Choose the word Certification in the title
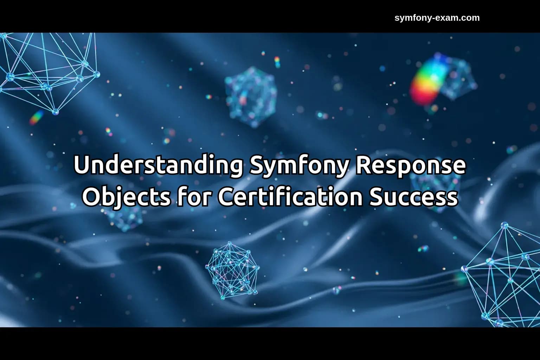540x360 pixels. pyautogui.click(x=290, y=197)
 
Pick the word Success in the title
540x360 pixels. pyautogui.click(x=414, y=197)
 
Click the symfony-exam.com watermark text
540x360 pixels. pyautogui.click(x=437, y=18)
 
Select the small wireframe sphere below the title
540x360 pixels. pyautogui.click(x=231, y=270)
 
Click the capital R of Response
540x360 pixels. pyautogui.click(x=363, y=166)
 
